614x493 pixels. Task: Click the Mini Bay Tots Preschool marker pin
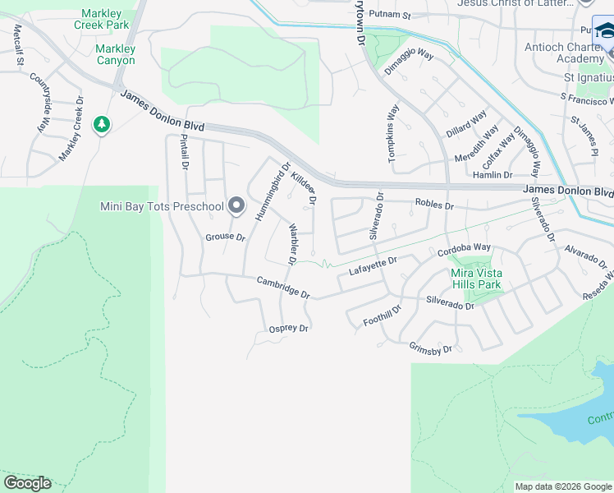click(236, 206)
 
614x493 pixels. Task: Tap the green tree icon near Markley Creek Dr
click(102, 125)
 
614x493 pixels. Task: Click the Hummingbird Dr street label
click(273, 191)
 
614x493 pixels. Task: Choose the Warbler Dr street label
click(291, 243)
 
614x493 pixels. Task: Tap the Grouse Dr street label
click(226, 237)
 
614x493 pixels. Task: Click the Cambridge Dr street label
click(283, 287)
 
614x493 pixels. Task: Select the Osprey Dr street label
click(289, 329)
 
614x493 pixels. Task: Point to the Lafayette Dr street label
click(373, 265)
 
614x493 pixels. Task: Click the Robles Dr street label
click(434, 204)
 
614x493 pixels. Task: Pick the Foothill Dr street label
click(382, 316)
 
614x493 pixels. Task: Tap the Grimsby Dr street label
click(431, 349)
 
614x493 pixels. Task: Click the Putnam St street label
click(389, 15)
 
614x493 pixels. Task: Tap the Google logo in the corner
click(27, 483)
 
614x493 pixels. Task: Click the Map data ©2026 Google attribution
click(562, 486)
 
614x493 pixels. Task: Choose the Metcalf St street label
click(17, 44)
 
